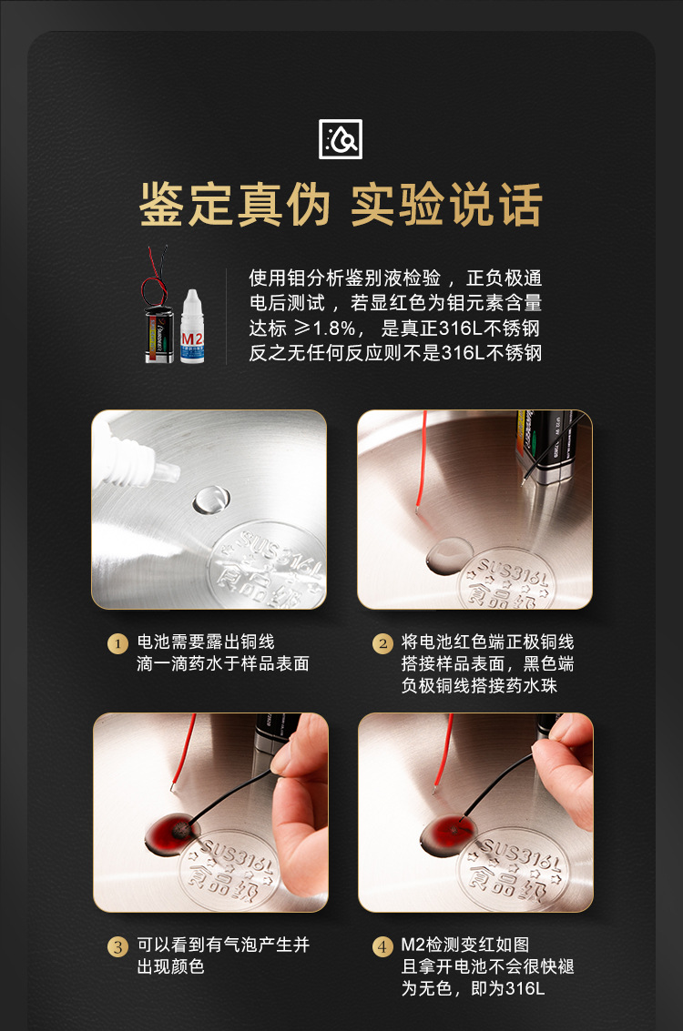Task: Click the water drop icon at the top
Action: [x=341, y=139]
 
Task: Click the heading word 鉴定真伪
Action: [x=235, y=204]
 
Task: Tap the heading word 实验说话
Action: [x=446, y=204]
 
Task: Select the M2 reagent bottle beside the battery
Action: [x=191, y=328]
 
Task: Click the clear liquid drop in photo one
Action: [x=211, y=499]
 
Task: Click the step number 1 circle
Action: [x=117, y=643]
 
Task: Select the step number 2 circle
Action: [x=382, y=643]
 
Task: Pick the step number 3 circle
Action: [x=117, y=946]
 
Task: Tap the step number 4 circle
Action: [x=382, y=946]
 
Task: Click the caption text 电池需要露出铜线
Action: [x=205, y=642]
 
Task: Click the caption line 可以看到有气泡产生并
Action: [x=223, y=945]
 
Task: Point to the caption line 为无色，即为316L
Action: [x=473, y=988]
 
